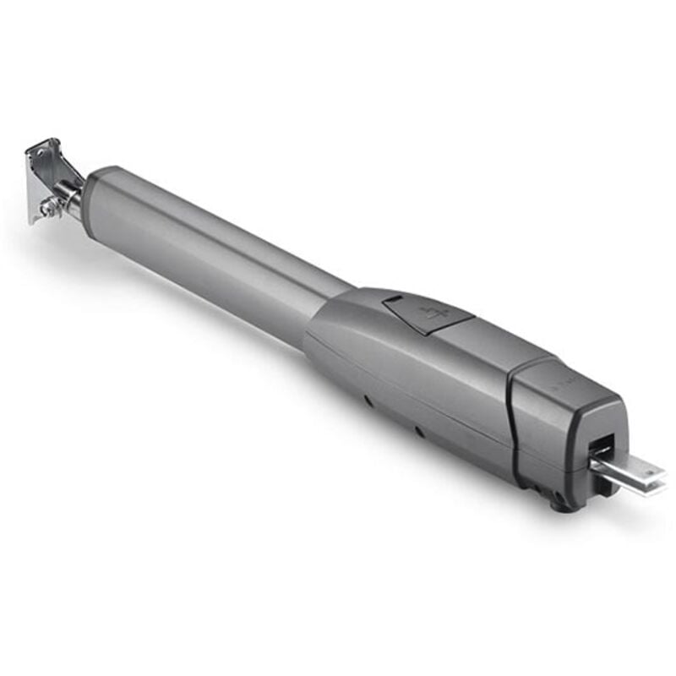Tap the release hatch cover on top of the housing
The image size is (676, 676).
coord(427,313)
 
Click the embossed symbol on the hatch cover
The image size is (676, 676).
coord(432,314)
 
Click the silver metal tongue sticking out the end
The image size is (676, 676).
coord(630,473)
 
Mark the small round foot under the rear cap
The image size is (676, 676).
coord(557,504)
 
